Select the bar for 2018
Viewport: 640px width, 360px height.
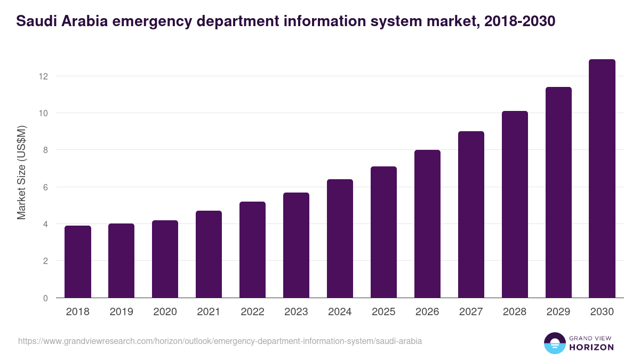coord(78,262)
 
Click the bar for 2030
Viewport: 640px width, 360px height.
coord(602,179)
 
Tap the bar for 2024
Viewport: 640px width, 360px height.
coord(340,238)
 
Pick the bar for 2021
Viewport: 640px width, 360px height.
coord(209,254)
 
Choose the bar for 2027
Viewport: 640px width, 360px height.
coord(471,214)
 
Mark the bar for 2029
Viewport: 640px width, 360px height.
coord(558,193)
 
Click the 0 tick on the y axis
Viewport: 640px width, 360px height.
coord(45,298)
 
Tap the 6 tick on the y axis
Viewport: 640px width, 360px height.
coord(45,187)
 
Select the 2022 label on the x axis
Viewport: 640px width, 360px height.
coord(252,312)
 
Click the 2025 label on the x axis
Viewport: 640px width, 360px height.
coord(383,312)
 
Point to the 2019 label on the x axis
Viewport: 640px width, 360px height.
coord(121,312)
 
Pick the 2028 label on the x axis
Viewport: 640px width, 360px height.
coord(515,312)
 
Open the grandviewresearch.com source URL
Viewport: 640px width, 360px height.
coord(220,341)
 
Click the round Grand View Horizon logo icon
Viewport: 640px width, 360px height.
coord(554,343)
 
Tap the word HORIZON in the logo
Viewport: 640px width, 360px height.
coord(591,347)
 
